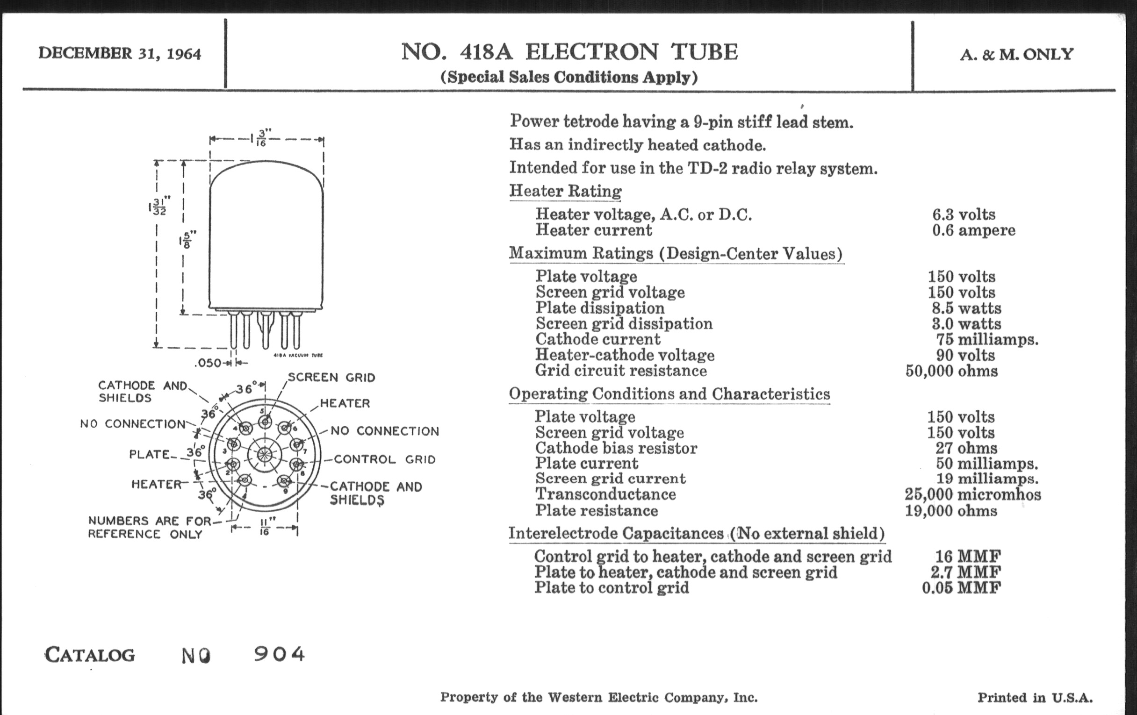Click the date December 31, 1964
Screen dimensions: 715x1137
pos(120,53)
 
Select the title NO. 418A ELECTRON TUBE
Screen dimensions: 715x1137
pos(569,52)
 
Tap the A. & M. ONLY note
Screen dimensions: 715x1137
pos(1016,54)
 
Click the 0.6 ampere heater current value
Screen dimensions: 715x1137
pos(973,230)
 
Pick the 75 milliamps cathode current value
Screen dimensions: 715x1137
pos(987,339)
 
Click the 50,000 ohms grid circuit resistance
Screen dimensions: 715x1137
pos(951,371)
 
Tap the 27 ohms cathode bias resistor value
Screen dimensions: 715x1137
pos(966,448)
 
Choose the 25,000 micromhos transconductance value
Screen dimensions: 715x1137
pos(973,494)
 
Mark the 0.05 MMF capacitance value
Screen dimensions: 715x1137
pos(961,587)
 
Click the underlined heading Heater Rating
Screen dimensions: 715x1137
pos(565,191)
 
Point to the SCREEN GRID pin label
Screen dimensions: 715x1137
pos(331,378)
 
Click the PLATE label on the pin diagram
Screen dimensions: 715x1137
pos(149,454)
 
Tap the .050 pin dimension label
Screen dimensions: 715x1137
pos(208,363)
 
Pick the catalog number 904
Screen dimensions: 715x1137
pos(280,654)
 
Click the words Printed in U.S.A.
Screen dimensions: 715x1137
pos(1035,698)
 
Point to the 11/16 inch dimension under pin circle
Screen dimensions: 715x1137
pos(265,527)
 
